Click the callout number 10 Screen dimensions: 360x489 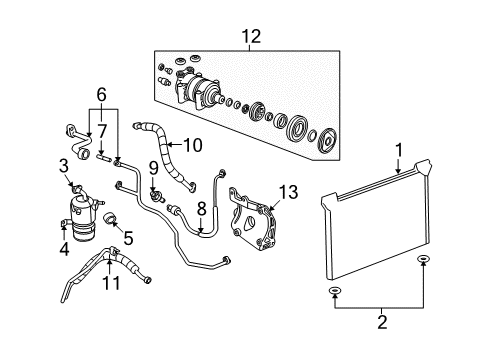click(x=193, y=145)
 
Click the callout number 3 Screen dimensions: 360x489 click(x=63, y=163)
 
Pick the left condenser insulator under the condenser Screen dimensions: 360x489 click(x=333, y=292)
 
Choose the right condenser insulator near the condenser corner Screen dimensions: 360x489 click(x=423, y=262)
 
